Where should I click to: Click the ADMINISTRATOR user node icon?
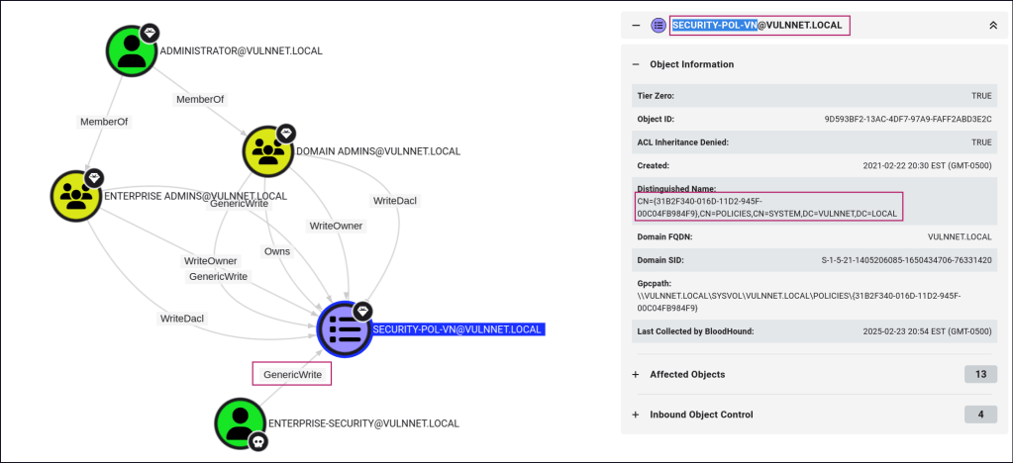click(x=132, y=50)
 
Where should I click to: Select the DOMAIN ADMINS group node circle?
click(x=268, y=151)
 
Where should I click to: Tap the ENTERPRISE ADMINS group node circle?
click(x=76, y=196)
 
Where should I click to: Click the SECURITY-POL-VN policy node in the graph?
click(x=344, y=328)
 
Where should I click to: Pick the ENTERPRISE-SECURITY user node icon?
click(x=241, y=422)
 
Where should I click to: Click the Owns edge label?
click(x=277, y=251)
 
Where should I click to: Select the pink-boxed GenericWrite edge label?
click(x=292, y=374)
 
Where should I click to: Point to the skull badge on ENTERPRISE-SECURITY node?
click(x=259, y=441)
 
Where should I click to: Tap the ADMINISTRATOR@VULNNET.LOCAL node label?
click(x=241, y=50)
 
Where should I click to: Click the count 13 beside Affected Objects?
click(x=979, y=374)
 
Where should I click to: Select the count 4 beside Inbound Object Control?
click(x=979, y=414)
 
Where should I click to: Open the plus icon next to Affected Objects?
click(x=635, y=374)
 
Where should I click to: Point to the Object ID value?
click(x=908, y=119)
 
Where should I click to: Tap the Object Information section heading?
click(x=691, y=64)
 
